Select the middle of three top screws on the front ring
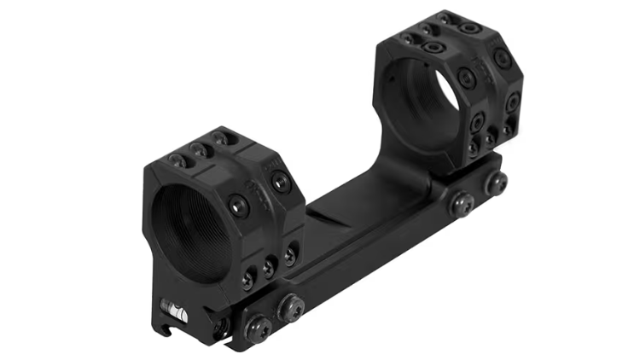coord(201,149)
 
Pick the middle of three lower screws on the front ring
coord(269,265)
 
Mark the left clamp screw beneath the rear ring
coord(463,203)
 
